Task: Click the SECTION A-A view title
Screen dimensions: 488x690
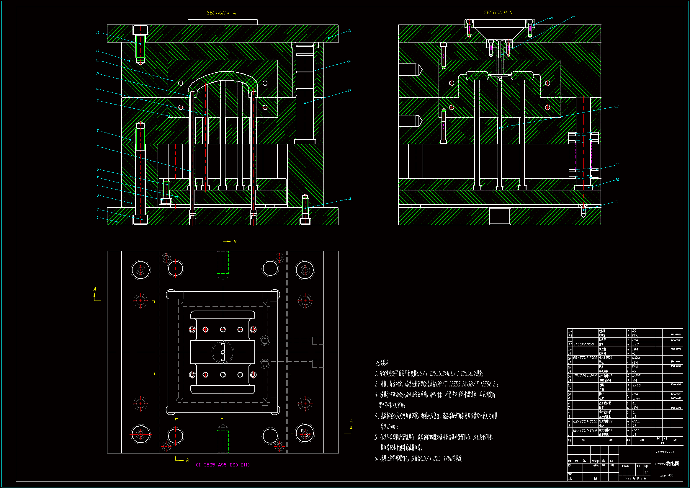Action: (x=221, y=13)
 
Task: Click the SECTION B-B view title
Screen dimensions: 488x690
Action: (x=498, y=12)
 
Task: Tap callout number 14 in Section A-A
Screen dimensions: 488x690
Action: (x=98, y=32)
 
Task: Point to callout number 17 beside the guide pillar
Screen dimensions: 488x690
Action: (x=349, y=91)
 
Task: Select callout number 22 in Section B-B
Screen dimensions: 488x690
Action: (x=617, y=106)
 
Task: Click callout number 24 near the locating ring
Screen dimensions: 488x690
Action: (x=551, y=17)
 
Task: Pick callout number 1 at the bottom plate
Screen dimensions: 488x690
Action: (x=98, y=217)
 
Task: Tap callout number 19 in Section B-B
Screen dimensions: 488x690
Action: (x=617, y=201)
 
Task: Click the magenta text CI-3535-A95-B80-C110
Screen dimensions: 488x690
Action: (x=223, y=465)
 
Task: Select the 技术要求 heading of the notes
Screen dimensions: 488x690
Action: (x=382, y=363)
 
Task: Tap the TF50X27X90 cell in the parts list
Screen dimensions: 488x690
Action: (x=584, y=344)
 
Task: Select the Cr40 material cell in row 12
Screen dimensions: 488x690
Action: (x=637, y=385)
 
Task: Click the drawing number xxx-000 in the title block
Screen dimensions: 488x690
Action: (x=667, y=476)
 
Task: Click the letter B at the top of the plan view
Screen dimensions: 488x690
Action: (x=235, y=241)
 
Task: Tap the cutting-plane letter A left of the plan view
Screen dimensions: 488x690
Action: (x=95, y=289)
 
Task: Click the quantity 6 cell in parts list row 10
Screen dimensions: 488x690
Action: (x=628, y=394)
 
